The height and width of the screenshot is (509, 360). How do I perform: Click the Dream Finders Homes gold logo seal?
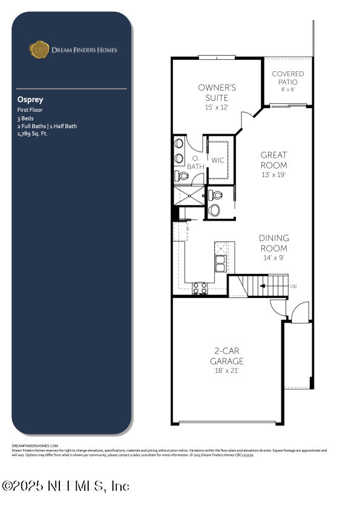coord(39,50)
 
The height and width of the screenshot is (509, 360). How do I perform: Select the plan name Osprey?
coord(30,100)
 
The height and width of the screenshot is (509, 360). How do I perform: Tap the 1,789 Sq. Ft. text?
coord(33,134)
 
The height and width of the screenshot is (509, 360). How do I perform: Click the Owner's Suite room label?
coord(217,92)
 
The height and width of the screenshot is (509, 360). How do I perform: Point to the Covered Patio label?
coord(287,77)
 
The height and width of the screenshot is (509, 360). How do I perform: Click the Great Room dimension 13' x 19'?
coord(273,175)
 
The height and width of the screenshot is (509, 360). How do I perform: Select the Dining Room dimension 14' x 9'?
coord(273,257)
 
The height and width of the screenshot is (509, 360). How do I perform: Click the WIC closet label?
coord(218,160)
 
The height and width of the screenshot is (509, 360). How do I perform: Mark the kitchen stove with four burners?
coord(200,289)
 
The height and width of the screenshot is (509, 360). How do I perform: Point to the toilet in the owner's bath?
coord(182,177)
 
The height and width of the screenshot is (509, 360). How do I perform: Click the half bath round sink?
coord(214,210)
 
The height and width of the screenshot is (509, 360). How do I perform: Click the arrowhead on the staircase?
coord(261,285)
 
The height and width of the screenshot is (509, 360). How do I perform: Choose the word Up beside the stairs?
coord(293,286)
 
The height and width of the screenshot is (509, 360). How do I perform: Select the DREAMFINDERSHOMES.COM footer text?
coord(35,446)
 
